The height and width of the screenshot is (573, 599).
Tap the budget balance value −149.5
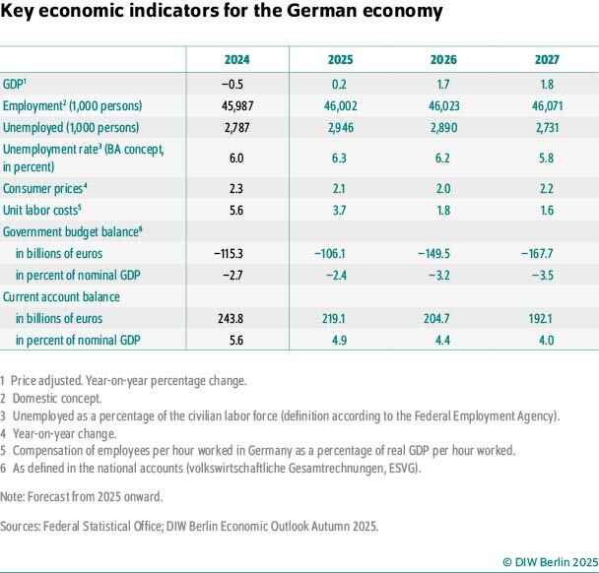[443, 253]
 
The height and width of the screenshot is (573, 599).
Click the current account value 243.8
[236, 318]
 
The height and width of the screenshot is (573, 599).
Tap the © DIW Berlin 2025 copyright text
[549, 561]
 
